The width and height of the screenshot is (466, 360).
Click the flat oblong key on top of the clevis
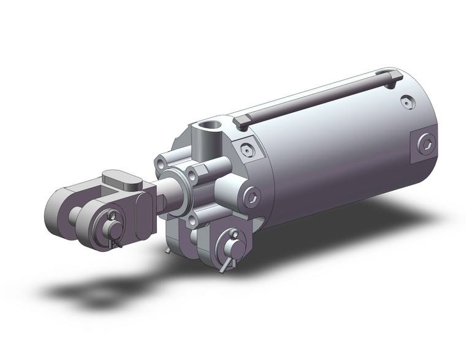123,178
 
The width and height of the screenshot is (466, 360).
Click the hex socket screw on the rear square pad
424,144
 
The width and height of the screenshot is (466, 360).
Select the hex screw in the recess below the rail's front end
246,150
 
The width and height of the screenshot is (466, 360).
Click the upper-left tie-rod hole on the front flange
161,164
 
